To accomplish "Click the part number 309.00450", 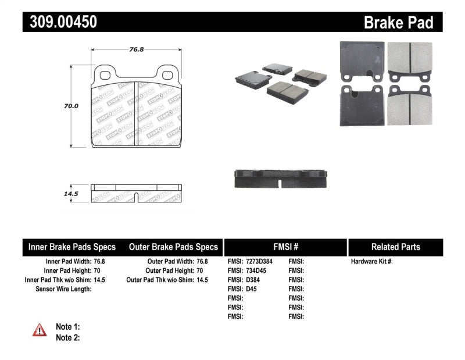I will (x=60, y=22).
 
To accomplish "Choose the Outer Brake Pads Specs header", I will (x=174, y=247).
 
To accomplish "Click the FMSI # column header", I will (x=285, y=247).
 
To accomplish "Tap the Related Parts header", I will (x=396, y=247).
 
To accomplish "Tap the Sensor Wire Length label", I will (x=63, y=289).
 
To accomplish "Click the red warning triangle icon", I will (x=40, y=330).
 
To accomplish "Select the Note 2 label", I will (x=67, y=337).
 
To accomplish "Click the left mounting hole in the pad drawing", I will (x=106, y=74).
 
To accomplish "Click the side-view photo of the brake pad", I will (x=281, y=179).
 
